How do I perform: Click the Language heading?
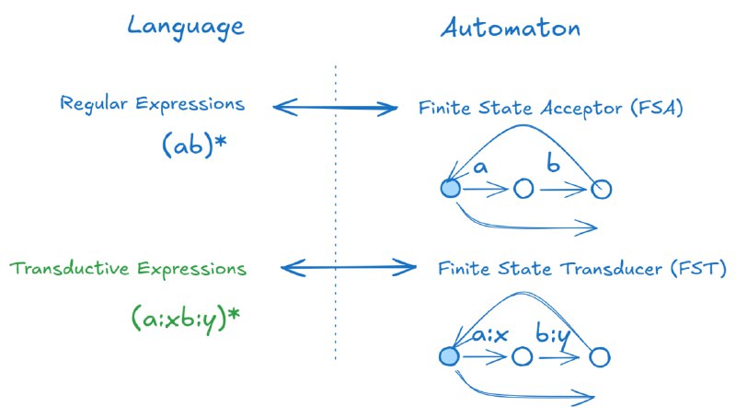coord(185,26)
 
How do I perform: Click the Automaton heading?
coord(510,28)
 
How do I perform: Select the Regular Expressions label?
coord(153,104)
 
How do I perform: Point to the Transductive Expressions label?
coord(129,269)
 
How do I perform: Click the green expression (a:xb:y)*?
coord(186,317)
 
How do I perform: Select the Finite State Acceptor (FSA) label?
coord(551,109)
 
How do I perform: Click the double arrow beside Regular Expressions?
coord(336,109)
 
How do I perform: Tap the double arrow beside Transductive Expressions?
coord(348,269)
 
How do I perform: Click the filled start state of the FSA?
coord(450,189)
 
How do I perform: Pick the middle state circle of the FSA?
coord(523,190)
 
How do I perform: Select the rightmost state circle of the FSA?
coord(601,190)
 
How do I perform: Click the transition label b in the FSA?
coord(553,166)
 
